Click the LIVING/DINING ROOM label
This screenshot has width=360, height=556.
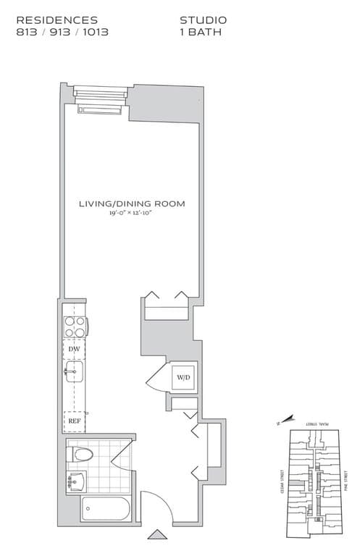click(132, 204)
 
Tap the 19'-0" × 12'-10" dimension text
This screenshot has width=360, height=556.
click(132, 214)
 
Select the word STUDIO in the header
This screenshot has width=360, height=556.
click(203, 20)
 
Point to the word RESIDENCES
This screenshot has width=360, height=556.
click(56, 20)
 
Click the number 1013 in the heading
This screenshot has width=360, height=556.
click(94, 33)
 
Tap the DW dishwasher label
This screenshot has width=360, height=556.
click(74, 349)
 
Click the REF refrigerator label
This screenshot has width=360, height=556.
click(74, 420)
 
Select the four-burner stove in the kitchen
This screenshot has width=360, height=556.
click(74, 327)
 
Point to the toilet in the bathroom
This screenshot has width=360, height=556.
click(80, 455)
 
